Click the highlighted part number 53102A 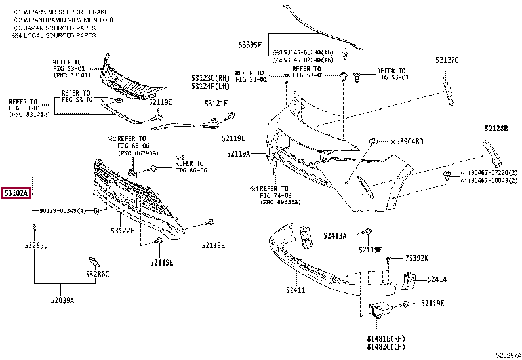click(x=18, y=193)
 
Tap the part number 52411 click(x=295, y=290)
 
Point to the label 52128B click(x=496, y=129)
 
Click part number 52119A click(x=240, y=154)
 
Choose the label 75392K click(x=416, y=258)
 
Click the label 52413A click(x=334, y=235)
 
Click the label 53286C click(x=97, y=274)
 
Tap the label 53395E click(x=249, y=44)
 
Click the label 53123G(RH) click(x=210, y=78)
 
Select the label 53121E click(x=216, y=103)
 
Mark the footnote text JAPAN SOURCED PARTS click(x=58, y=28)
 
